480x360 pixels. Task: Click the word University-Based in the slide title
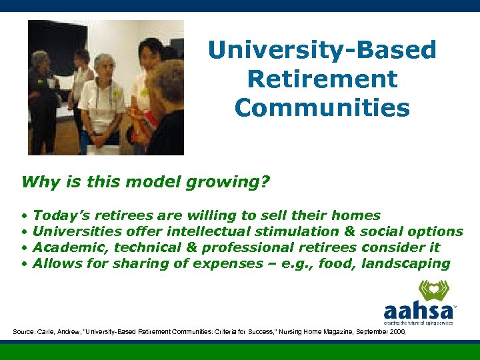pos(322,50)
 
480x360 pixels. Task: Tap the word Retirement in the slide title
pos(322,79)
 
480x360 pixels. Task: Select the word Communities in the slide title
pos(322,107)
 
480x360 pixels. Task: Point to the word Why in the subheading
pos(37,182)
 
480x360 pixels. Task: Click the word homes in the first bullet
pos(355,215)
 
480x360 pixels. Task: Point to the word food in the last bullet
pos(336,263)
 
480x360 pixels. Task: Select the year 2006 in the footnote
pos(394,331)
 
